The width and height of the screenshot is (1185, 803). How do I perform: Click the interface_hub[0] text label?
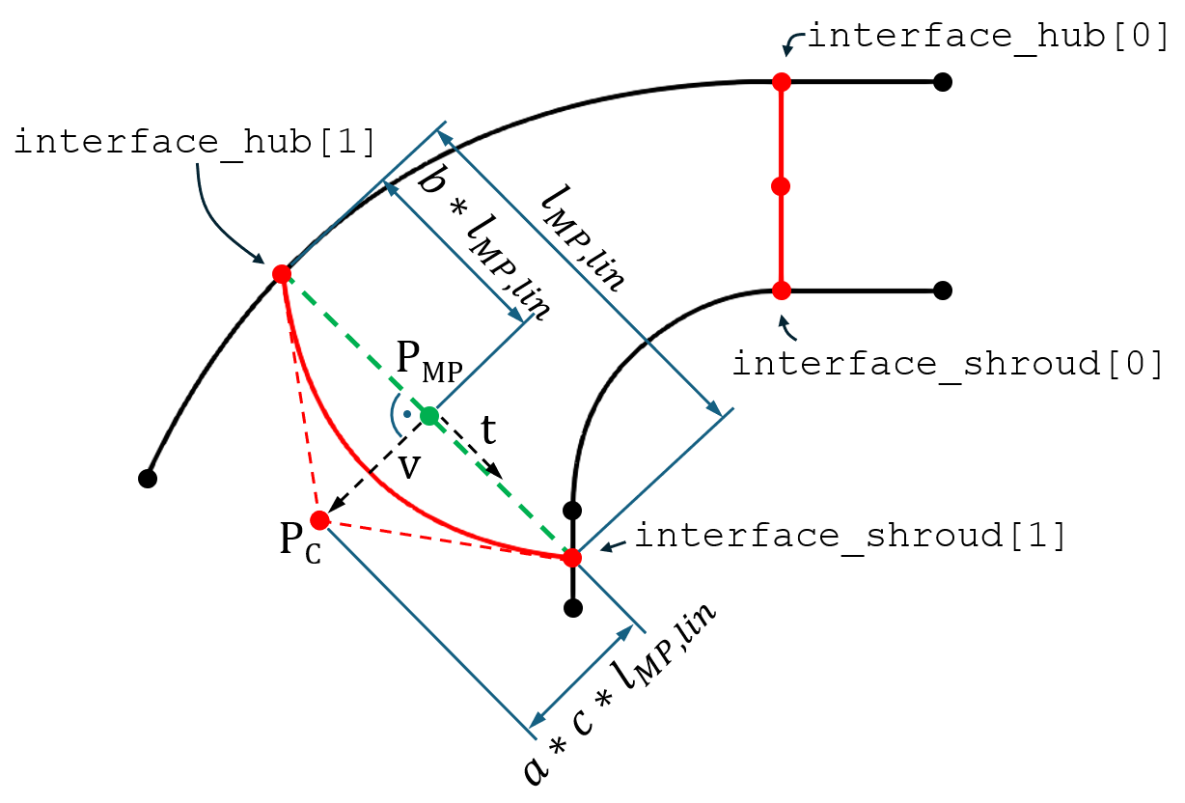point(988,36)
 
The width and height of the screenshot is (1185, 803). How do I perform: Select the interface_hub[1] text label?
point(194,142)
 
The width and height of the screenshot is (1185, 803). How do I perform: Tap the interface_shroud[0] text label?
point(948,364)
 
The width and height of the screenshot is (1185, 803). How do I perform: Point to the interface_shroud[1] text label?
point(850,536)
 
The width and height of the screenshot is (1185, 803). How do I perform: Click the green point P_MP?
point(429,416)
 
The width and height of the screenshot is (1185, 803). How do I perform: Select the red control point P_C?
point(319,520)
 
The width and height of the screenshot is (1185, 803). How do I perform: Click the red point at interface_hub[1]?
point(282,274)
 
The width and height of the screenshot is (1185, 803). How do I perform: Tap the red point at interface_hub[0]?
point(782,82)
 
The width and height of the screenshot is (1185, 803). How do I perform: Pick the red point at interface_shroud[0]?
point(782,291)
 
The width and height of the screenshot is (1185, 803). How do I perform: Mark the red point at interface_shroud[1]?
point(572,558)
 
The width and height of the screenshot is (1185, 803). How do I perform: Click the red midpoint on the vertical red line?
point(781,186)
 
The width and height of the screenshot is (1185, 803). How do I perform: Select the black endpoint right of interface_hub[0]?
point(943,82)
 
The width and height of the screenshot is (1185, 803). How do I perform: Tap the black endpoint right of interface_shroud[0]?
point(943,291)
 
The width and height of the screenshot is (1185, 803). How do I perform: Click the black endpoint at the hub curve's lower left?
point(148,479)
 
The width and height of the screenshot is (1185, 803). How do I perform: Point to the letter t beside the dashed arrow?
point(489,429)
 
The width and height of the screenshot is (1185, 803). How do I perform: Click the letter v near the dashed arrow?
point(409,467)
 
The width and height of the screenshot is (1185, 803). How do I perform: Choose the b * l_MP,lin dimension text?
point(484,244)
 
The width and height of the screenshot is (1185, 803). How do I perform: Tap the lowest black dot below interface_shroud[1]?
point(573,608)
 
